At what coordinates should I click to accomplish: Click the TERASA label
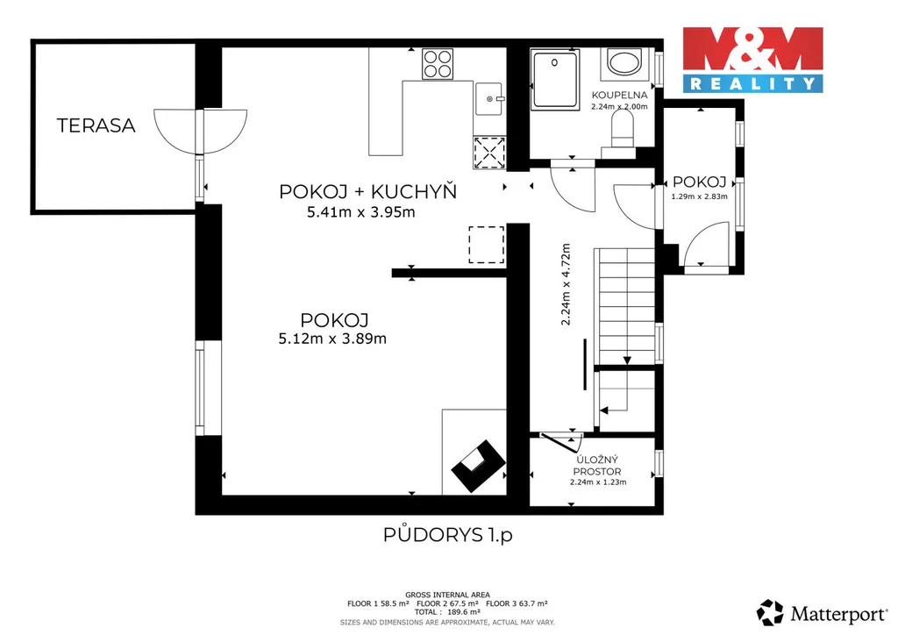point(96,125)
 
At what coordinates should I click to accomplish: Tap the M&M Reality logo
point(752,60)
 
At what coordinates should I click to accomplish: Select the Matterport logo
point(821,613)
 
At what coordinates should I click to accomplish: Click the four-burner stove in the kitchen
point(438,63)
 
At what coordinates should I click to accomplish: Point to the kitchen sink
point(489,98)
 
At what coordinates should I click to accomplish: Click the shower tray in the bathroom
point(554,79)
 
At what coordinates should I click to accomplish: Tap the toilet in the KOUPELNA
point(622,129)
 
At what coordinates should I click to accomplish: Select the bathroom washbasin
point(624,62)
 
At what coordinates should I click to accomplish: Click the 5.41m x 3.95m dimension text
point(360,212)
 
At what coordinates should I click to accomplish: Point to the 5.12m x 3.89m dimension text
point(332,339)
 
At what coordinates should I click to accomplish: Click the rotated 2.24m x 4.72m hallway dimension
point(566,284)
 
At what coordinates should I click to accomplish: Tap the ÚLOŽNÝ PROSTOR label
point(597,466)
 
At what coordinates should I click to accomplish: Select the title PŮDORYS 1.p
point(448,535)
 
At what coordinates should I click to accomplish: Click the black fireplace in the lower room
point(478,466)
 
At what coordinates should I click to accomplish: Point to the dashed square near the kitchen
point(486,245)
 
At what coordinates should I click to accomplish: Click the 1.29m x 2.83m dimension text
point(699,196)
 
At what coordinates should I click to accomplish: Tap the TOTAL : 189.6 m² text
point(447,612)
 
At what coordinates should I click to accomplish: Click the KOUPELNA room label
point(620,95)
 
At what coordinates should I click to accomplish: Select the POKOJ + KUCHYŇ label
point(367,191)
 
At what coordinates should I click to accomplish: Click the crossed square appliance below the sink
point(489,153)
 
